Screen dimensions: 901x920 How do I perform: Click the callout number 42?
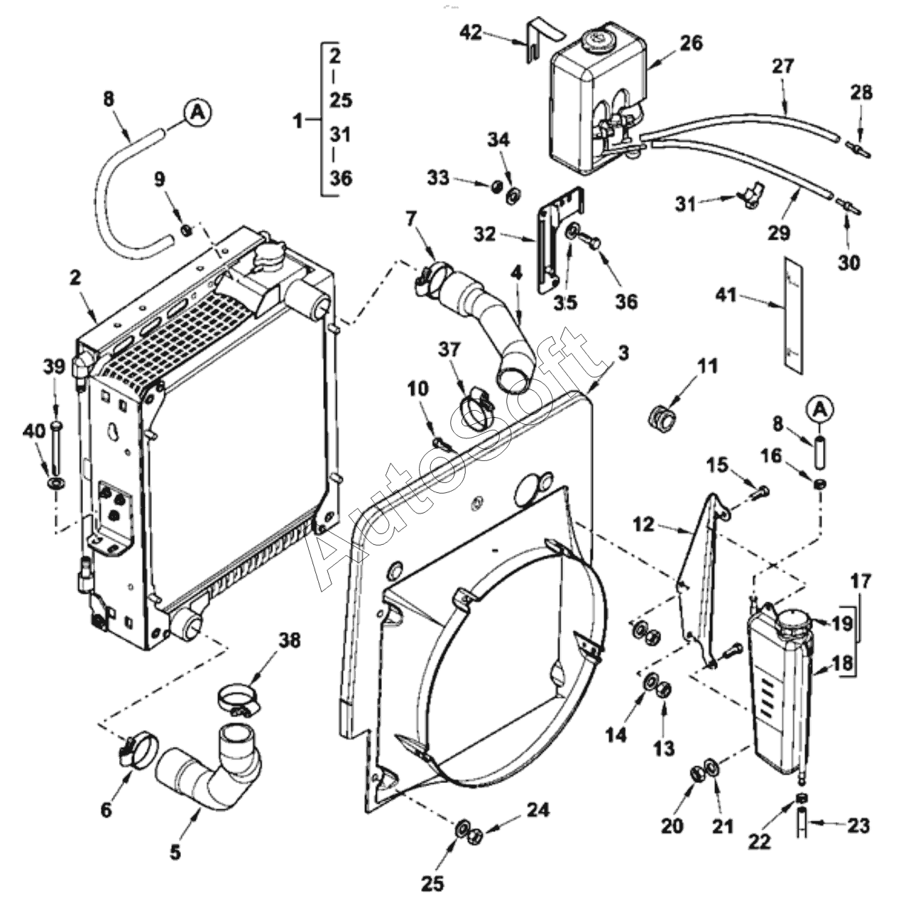coord(471,33)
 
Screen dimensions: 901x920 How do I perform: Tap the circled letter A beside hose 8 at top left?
coord(198,113)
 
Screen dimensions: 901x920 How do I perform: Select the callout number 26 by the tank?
coord(692,43)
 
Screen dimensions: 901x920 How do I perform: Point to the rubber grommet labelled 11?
coord(662,419)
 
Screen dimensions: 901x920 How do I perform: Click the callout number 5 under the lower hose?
coord(175,852)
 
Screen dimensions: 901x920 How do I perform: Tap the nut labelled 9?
coord(187,231)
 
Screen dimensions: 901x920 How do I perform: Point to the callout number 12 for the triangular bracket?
coord(643,524)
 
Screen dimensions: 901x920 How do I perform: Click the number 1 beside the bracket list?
coord(297,121)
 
